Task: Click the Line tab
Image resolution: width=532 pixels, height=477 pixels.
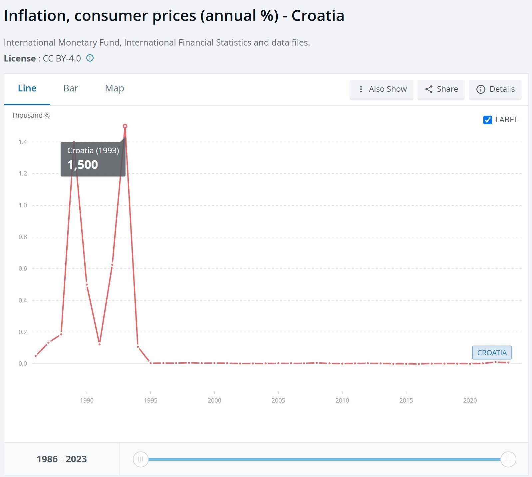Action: (27, 88)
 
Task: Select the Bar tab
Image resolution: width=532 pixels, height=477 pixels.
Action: (71, 88)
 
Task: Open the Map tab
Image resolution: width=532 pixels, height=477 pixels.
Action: (115, 88)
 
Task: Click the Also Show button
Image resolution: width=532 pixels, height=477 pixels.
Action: (382, 89)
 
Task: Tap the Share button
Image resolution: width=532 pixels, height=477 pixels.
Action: (441, 89)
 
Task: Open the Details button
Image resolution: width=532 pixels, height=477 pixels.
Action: (495, 89)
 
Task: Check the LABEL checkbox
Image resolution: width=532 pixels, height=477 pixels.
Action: (488, 120)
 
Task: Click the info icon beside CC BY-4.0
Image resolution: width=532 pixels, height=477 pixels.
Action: (90, 58)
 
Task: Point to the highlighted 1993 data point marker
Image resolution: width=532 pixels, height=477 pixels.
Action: (125, 126)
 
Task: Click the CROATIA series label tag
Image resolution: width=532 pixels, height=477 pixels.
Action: (492, 353)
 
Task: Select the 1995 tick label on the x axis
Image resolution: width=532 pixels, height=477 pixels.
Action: (150, 401)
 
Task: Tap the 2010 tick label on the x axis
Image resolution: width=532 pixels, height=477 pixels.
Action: (342, 401)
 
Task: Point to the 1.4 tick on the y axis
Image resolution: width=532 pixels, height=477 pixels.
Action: (23, 142)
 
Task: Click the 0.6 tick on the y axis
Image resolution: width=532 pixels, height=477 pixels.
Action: (23, 269)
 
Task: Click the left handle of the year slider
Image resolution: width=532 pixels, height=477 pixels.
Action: (140, 459)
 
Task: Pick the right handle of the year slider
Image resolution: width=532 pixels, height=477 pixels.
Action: (508, 459)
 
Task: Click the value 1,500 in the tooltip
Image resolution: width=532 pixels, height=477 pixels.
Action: (83, 165)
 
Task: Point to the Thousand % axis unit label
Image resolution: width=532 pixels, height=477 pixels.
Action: (31, 115)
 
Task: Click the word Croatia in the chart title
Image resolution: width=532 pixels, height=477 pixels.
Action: (318, 16)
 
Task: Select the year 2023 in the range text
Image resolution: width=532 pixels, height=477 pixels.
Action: (76, 459)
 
